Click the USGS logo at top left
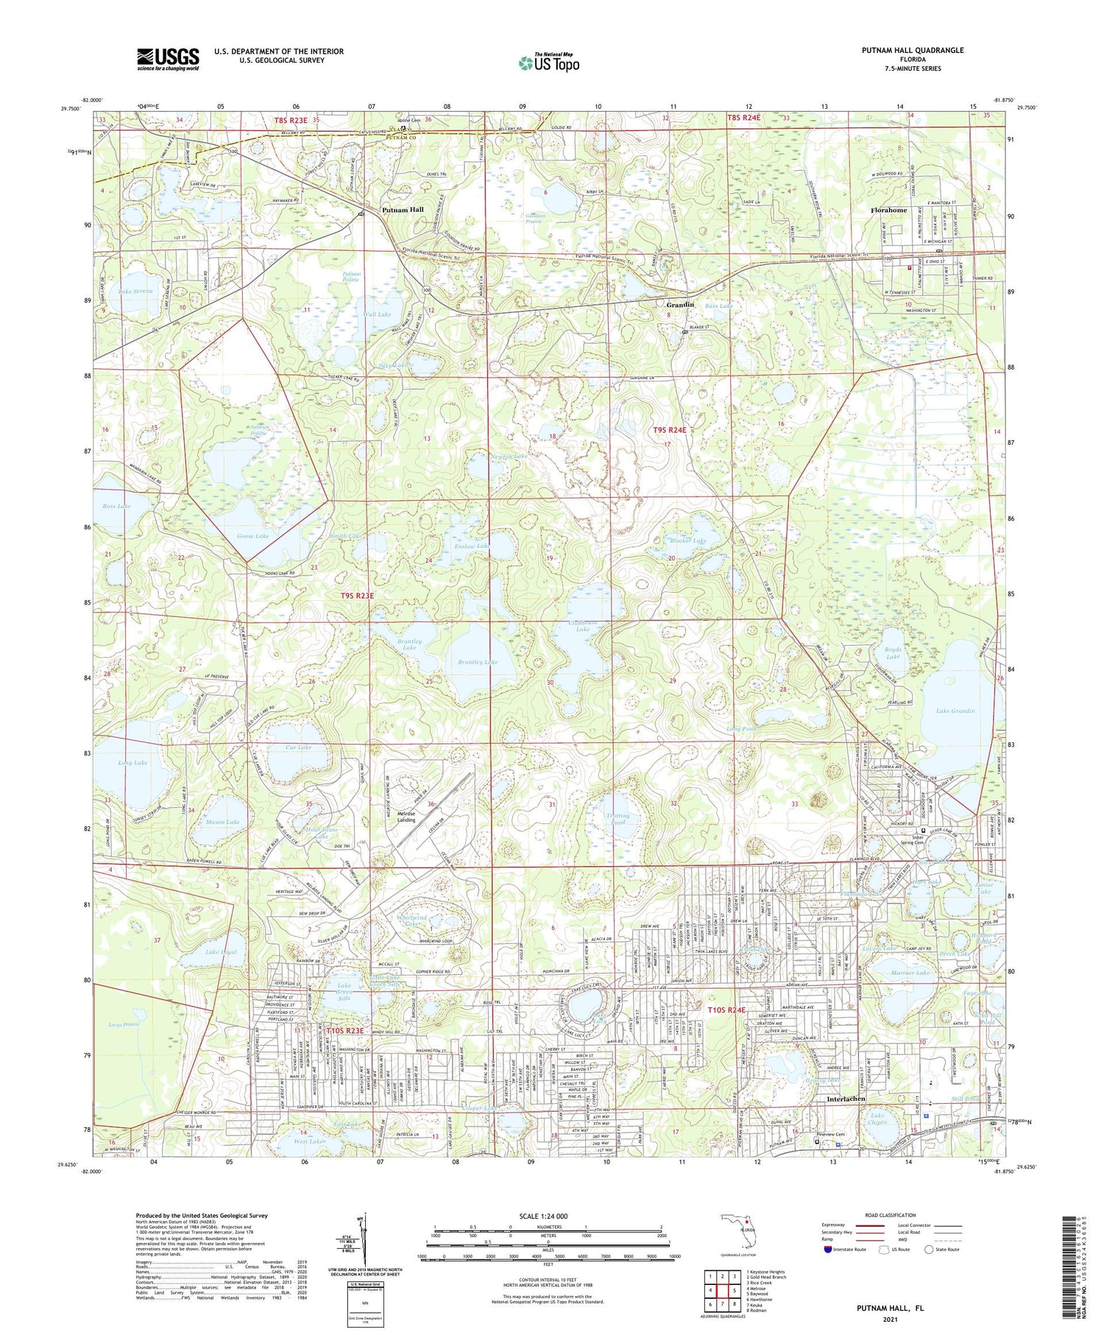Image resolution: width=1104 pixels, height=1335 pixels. coord(168,59)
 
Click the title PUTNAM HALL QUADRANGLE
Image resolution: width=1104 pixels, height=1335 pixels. coord(913,50)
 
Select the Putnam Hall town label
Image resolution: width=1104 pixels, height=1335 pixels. coord(403,210)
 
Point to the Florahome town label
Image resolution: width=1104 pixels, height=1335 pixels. coord(888,210)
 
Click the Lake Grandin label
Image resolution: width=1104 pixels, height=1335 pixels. coord(955,711)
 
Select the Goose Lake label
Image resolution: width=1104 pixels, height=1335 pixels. coord(252,536)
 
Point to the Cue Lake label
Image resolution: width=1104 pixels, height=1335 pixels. coord(298,747)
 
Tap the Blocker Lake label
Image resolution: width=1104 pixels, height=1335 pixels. coord(687,540)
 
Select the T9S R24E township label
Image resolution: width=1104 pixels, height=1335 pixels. coord(669,430)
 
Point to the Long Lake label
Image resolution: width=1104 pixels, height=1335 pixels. coord(132,763)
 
